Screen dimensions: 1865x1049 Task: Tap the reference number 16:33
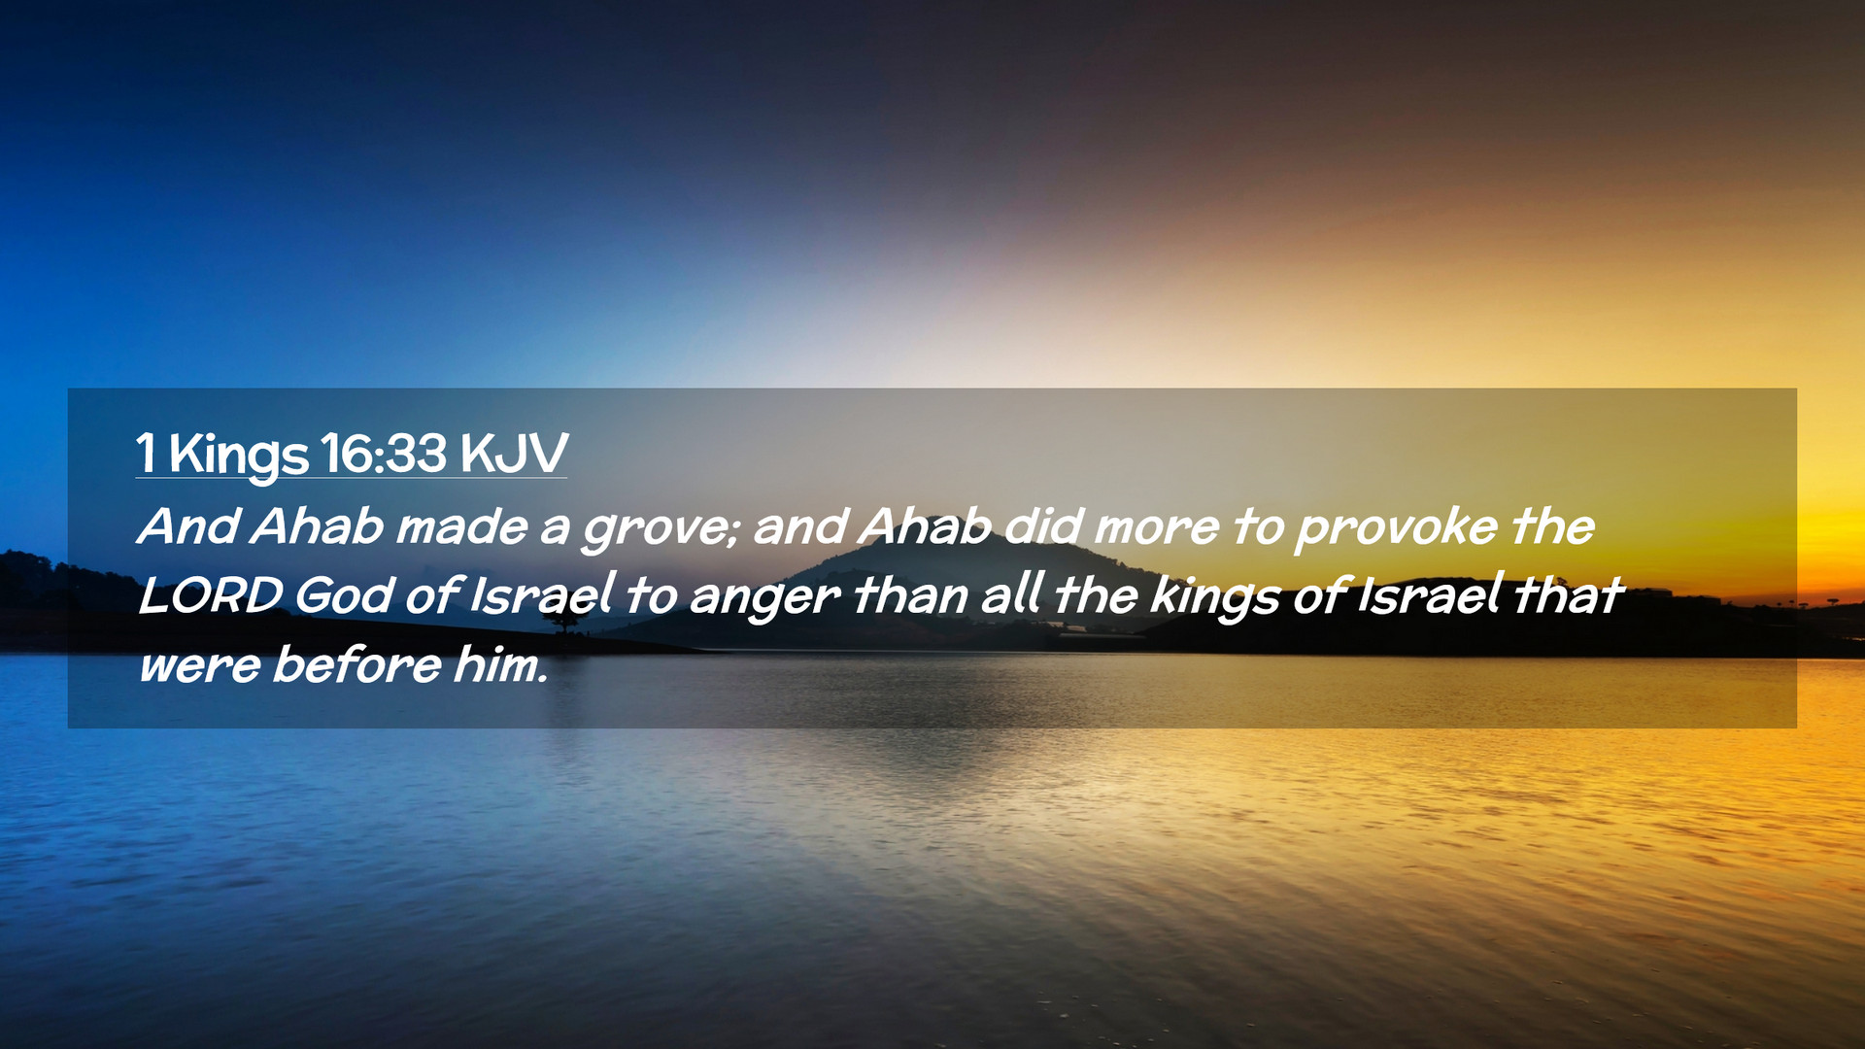pos(384,453)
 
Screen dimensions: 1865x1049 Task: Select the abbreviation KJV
pos(513,453)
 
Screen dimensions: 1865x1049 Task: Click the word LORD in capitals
pos(211,596)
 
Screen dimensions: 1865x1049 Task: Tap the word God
pos(344,595)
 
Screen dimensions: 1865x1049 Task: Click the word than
pos(910,595)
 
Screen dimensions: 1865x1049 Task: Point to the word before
pos(356,665)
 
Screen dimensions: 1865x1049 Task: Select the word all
pos(1011,595)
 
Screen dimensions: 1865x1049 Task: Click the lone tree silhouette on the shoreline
pos(563,619)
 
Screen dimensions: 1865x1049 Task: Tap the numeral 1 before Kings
pos(146,453)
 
